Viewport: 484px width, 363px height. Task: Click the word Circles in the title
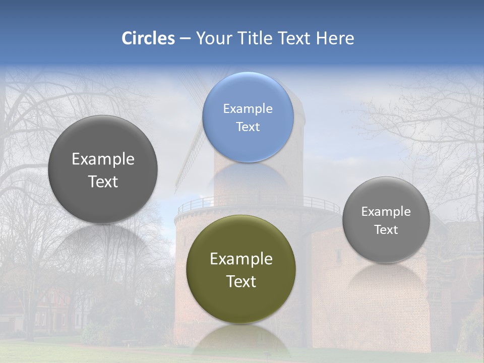click(x=148, y=38)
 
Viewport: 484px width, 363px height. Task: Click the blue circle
click(x=248, y=117)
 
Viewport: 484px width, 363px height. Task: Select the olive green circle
click(x=241, y=269)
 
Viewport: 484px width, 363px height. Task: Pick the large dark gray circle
click(x=103, y=169)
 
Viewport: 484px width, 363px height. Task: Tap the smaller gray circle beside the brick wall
click(x=386, y=220)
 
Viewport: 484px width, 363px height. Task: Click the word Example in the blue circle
click(x=248, y=108)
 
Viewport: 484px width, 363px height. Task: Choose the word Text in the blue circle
click(x=248, y=127)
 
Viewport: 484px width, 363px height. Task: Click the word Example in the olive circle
click(x=241, y=259)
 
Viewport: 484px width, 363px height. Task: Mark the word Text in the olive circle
click(x=241, y=281)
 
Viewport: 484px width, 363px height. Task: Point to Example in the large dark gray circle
click(x=103, y=159)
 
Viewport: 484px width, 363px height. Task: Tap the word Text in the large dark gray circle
click(x=103, y=181)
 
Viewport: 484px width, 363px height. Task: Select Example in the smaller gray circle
click(x=386, y=211)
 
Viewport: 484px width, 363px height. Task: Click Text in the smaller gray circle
click(x=386, y=229)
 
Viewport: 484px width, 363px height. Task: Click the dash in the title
click(x=185, y=39)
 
